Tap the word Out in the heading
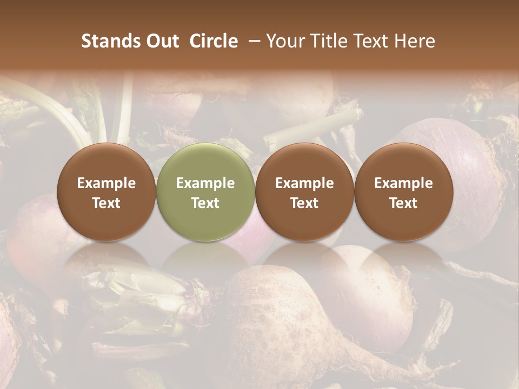(161, 41)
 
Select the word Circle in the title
(214, 41)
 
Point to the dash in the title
(252, 41)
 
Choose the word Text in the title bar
(371, 41)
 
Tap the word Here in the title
(415, 41)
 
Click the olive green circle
(205, 192)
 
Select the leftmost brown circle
(107, 192)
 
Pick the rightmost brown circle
(403, 192)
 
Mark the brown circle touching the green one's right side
(304, 192)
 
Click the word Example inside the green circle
(205, 183)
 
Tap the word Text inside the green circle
(205, 203)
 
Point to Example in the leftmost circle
(107, 183)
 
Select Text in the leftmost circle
(107, 203)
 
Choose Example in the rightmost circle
(403, 183)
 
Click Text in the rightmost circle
(403, 203)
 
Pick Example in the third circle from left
(304, 183)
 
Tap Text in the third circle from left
(304, 203)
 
